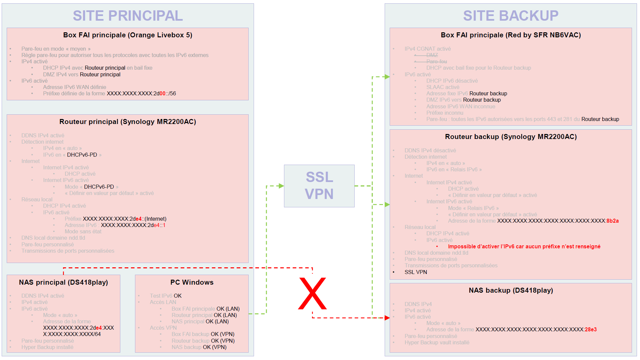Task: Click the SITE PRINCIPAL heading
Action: pos(128,16)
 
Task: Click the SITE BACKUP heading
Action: pos(511,16)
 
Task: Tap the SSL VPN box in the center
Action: pos(319,186)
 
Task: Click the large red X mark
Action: pos(312,293)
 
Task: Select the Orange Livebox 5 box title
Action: pos(128,35)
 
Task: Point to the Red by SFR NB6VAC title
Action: pos(511,35)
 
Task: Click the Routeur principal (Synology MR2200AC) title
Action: pos(128,122)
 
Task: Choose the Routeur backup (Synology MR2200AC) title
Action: pos(511,137)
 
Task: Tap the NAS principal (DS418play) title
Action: pos(63,282)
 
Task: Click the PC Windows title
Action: pos(192,282)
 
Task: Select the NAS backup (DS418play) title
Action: pos(511,290)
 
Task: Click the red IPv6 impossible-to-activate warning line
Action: pos(524,247)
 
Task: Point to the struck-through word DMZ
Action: pos(432,55)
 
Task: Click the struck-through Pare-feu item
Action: pos(436,61)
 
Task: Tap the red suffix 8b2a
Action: pos(612,221)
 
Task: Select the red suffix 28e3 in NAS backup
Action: pos(591,330)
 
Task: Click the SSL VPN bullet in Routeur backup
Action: pos(416,272)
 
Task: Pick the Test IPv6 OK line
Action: pos(166,296)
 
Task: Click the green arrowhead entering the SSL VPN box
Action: pos(281,186)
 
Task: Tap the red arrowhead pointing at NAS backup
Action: pos(387,318)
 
